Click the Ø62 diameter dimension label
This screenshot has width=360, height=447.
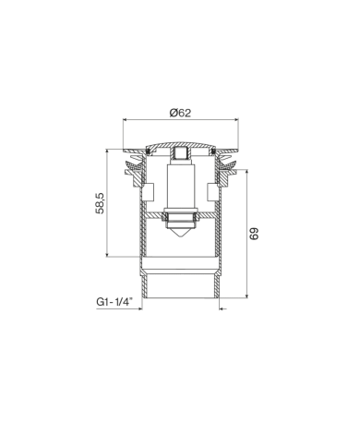(180, 113)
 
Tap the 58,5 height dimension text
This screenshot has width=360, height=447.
(101, 202)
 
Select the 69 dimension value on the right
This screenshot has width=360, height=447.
(254, 234)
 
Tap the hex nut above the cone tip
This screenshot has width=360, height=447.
(179, 218)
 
